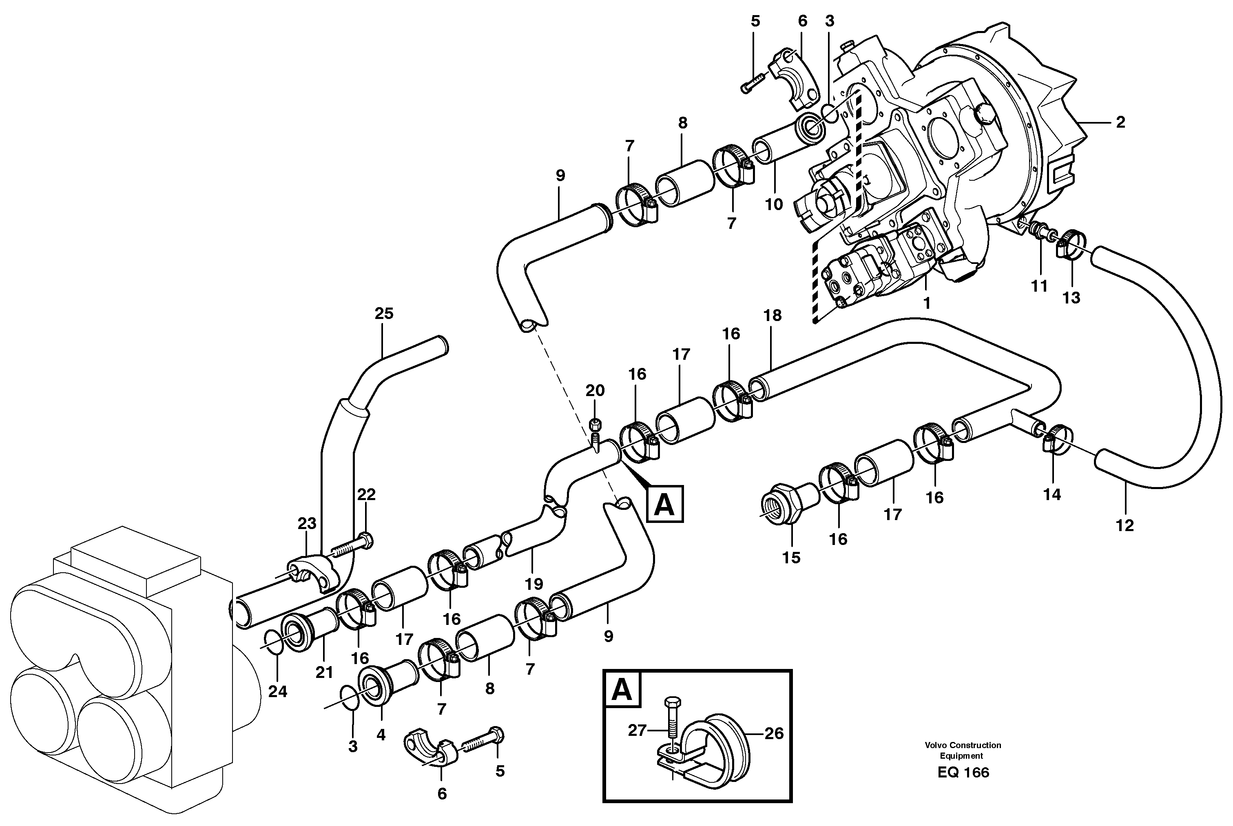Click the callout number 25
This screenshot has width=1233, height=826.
[x=383, y=314]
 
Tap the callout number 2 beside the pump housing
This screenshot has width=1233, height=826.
[x=1120, y=122]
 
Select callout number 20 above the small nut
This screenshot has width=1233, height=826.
[x=595, y=390]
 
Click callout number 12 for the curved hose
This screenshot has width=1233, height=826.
[x=1125, y=525]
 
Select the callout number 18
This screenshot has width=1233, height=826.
[x=773, y=316]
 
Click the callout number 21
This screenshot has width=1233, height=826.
[x=324, y=672]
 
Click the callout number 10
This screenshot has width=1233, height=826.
[x=774, y=204]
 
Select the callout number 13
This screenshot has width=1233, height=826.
[x=1071, y=298]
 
